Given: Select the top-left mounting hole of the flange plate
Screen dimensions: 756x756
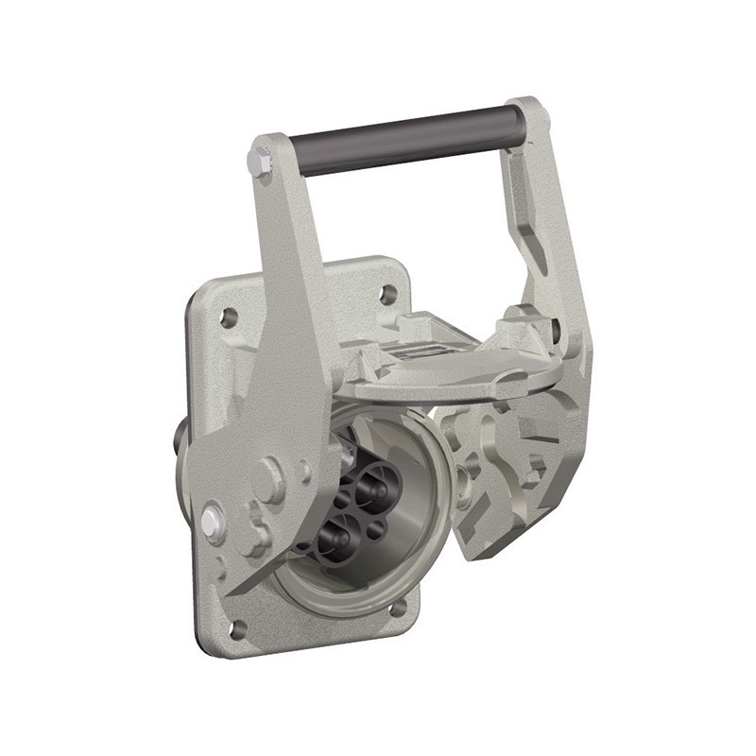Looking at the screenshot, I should [227, 318].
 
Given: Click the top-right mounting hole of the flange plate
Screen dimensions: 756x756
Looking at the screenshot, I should [387, 294].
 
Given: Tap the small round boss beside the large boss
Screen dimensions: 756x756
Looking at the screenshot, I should [304, 470].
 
